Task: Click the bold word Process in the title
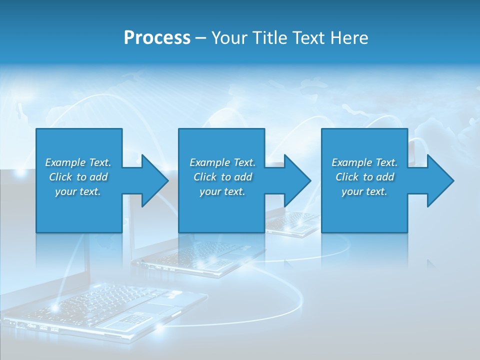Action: coord(157,38)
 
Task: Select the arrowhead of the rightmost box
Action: coord(440,180)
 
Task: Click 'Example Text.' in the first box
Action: coord(78,162)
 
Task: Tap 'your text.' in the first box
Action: coord(78,191)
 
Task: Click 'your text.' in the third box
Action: coord(364,191)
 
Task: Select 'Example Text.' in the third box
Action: coord(364,162)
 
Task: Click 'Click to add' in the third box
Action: coord(364,177)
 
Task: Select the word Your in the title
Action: coord(230,38)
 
